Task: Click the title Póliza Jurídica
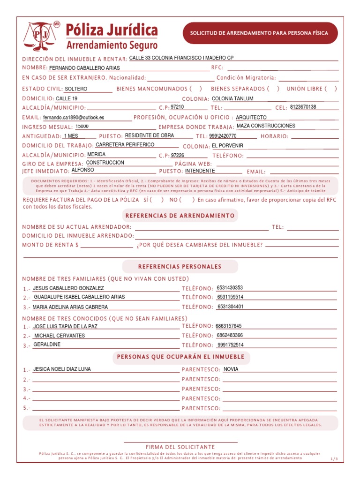tap(112, 30)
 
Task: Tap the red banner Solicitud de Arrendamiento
tap(259, 33)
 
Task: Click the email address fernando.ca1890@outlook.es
tap(74, 118)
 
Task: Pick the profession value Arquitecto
tap(251, 118)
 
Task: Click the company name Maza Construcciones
tap(266, 126)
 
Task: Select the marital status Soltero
tap(76, 89)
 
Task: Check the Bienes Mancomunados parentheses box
tap(196, 89)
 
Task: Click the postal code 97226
tap(178, 155)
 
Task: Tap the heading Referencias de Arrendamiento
tap(180, 216)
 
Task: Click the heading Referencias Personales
tap(180, 266)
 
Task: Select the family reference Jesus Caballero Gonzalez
tap(68, 288)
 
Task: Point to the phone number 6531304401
tap(231, 307)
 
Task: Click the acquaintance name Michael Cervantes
tap(60, 336)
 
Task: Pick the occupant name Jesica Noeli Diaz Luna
tap(62, 369)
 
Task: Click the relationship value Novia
tap(231, 369)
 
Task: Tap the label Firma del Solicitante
tap(180, 447)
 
